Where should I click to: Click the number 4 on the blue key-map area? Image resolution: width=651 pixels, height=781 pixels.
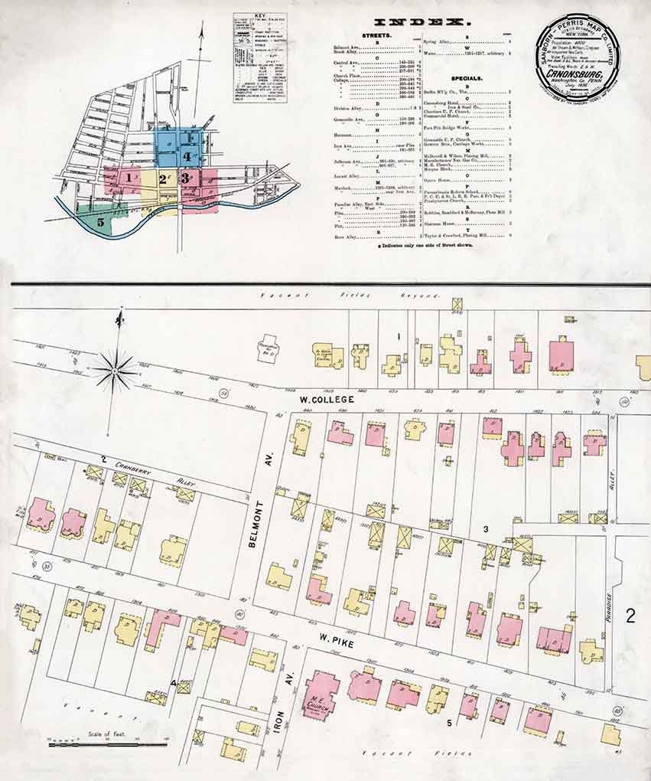[187, 155]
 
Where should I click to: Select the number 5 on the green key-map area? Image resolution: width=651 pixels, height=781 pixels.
[101, 221]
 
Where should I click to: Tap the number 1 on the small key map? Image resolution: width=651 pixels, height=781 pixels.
[131, 178]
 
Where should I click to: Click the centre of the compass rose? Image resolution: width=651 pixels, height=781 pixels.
[115, 371]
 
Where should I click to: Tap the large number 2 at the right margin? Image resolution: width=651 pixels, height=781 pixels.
[630, 615]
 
